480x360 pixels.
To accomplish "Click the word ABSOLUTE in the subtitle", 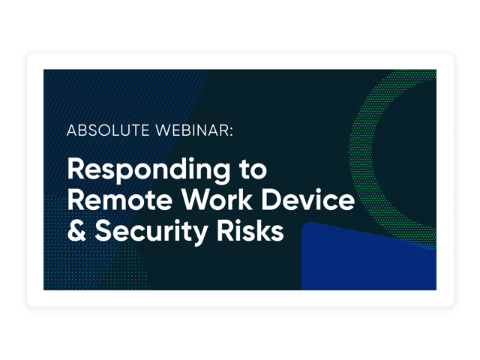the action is coord(108,130).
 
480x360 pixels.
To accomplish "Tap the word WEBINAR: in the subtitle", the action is coord(194,130).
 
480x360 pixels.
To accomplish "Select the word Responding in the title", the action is coord(148,170).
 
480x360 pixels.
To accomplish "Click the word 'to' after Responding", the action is coord(253,170).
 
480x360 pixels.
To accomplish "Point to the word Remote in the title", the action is coord(120,199).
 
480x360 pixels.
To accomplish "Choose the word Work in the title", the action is coord(217,199).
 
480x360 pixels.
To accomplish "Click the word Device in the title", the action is coord(308,199).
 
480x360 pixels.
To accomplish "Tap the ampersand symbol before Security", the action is coord(76,230).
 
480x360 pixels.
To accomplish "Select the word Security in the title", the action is coord(151,232).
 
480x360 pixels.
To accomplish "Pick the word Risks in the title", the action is coord(250,230).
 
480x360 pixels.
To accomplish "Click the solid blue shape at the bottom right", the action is coord(369,260).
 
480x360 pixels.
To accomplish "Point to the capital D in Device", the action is coord(271,199).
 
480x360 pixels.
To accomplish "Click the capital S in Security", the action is coord(103,230).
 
